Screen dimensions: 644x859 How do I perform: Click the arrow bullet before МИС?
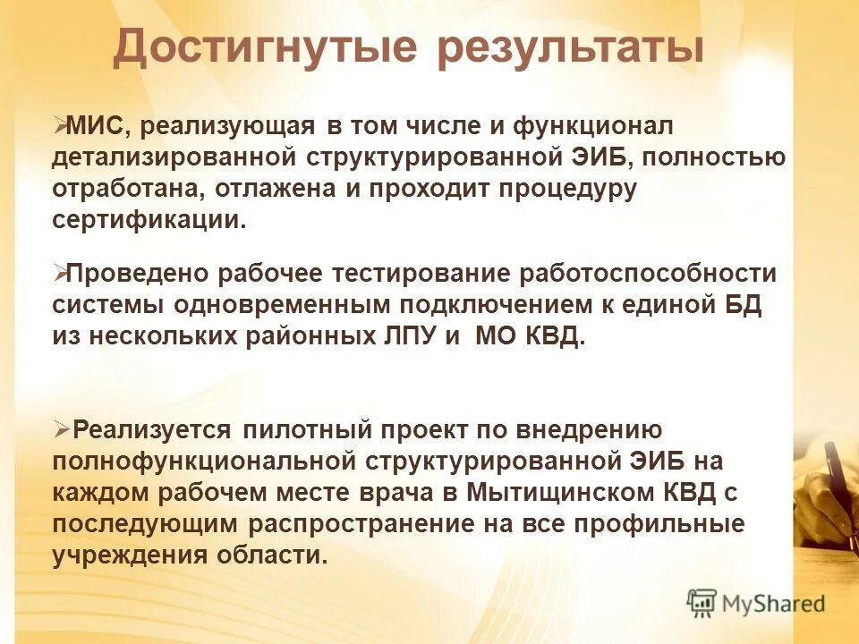pos(59,126)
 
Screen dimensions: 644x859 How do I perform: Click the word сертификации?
pos(148,221)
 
